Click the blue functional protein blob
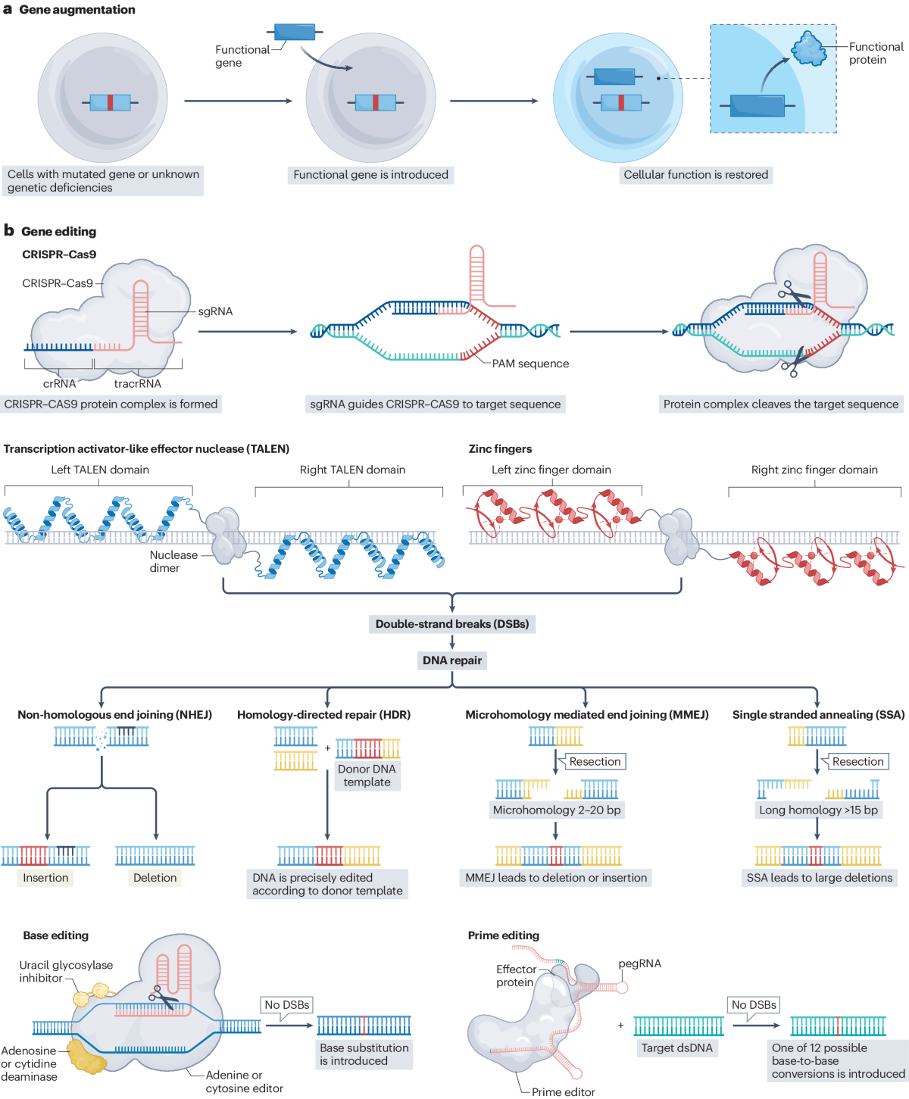[808, 48]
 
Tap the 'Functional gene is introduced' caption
[370, 175]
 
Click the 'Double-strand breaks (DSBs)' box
[452, 624]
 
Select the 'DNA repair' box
[452, 660]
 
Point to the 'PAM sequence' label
[530, 364]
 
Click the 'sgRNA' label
[215, 311]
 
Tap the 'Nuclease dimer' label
[173, 561]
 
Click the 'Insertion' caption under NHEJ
[45, 877]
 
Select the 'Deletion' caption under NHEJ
[155, 877]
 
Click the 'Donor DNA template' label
[367, 776]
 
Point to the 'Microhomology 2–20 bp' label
[556, 810]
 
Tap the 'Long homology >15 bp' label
[818, 810]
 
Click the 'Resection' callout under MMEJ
[595, 762]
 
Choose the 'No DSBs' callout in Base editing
[287, 1005]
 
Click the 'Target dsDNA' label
[677, 1048]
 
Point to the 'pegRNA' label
[639, 963]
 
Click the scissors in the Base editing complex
[164, 996]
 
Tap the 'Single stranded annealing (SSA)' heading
[818, 714]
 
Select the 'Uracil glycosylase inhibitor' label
[66, 971]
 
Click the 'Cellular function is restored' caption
[696, 175]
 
